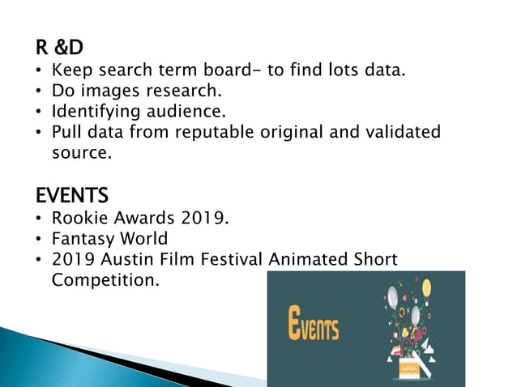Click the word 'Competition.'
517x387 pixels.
coord(104,279)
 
